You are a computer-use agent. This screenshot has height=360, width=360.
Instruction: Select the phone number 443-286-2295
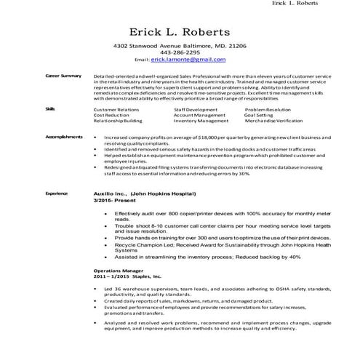(180, 52)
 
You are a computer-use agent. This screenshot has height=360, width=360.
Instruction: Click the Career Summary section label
(63, 76)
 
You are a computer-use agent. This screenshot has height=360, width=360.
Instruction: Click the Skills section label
(50, 108)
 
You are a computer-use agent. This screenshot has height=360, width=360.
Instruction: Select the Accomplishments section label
(65, 136)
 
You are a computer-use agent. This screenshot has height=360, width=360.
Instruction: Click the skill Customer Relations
(116, 108)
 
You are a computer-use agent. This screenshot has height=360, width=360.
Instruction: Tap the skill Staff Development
(196, 108)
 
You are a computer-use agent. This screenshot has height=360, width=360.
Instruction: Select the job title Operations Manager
(112, 269)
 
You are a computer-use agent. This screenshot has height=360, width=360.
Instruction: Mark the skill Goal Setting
(259, 114)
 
